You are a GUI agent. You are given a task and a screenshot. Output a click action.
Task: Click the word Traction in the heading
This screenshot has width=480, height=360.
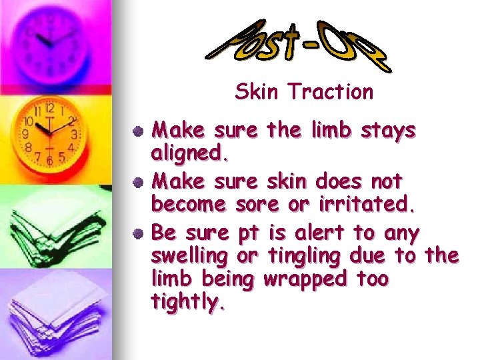pos(331,92)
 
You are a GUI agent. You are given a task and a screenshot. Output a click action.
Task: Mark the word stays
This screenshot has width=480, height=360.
pos(388,130)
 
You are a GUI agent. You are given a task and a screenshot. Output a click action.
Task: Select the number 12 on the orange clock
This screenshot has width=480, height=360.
pos(49,108)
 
